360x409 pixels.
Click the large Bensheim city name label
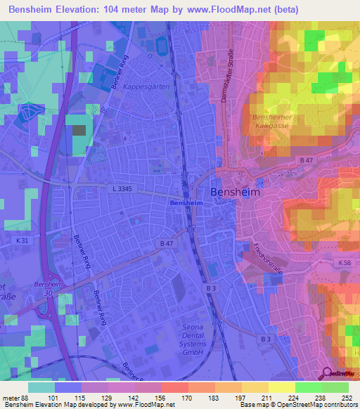(235, 192)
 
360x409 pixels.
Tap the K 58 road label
(345, 262)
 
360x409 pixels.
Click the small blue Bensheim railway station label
(186, 202)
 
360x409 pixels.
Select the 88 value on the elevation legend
(24, 397)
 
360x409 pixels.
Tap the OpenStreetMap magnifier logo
(328, 375)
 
